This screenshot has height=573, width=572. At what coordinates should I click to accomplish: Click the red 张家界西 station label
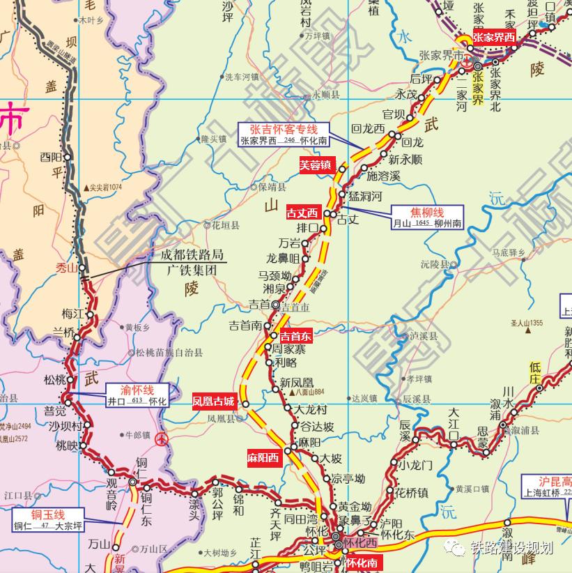494,38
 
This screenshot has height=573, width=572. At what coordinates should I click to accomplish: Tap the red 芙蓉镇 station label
318,166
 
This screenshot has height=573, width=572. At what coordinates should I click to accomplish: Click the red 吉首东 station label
296,336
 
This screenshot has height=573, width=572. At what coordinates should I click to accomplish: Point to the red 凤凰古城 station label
215,402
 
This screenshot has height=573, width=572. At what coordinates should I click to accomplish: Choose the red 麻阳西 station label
263,458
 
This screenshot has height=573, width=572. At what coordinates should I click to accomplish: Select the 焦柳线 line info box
427,217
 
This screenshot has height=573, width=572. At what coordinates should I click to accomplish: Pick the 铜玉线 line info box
47,519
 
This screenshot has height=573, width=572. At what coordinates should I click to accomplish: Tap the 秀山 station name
67,266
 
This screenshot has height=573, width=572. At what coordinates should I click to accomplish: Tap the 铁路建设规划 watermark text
511,548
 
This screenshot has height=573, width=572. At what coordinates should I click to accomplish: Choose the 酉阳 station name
51,156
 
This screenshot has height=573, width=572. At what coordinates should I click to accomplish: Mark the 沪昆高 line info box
548,486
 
